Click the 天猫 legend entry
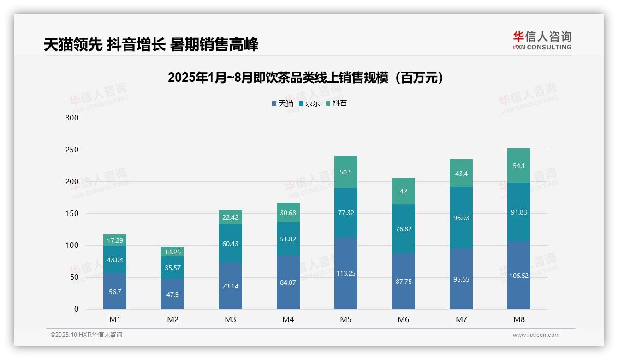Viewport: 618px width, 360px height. point(282,103)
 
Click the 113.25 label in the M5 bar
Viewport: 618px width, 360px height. point(345,273)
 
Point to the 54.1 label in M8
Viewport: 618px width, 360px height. point(519,166)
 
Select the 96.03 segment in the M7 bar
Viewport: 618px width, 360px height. point(461,218)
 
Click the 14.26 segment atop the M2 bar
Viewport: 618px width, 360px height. point(172,252)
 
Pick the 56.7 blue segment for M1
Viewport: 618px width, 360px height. point(115,292)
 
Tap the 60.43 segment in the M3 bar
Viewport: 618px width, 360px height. point(230,244)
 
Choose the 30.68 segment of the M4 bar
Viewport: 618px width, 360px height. point(288,212)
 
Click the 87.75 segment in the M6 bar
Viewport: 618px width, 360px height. point(404,282)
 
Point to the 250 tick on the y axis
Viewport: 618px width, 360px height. point(72,150)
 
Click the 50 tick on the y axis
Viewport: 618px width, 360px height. point(74,277)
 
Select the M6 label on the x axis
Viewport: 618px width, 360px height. point(404,319)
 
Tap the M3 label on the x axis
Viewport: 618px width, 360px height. point(230,319)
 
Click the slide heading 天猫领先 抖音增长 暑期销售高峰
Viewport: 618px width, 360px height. point(151,44)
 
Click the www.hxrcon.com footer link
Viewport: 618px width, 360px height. point(536,335)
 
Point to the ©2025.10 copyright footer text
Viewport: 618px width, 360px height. point(86,335)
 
